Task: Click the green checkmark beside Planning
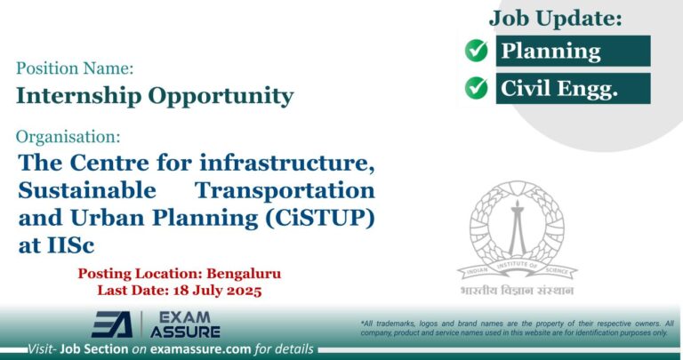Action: pyautogui.click(x=477, y=52)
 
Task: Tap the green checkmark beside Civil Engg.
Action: pyautogui.click(x=477, y=88)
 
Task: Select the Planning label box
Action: pyautogui.click(x=573, y=52)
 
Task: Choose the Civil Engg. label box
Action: pyautogui.click(x=573, y=88)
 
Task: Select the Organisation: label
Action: pyautogui.click(x=68, y=137)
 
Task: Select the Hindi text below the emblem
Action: pyautogui.click(x=516, y=291)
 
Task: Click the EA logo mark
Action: pyautogui.click(x=112, y=324)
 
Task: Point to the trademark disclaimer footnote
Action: pyautogui.click(x=516, y=327)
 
